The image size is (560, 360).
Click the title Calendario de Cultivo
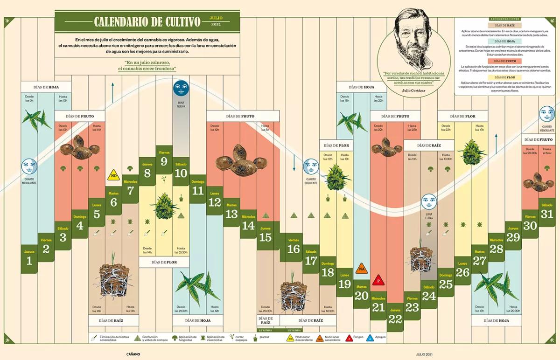147,22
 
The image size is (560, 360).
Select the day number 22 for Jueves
395,318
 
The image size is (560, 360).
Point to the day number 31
547,214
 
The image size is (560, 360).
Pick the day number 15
265,237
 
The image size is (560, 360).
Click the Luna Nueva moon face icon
180,87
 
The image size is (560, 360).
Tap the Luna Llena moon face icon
429,201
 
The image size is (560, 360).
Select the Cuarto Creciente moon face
311,166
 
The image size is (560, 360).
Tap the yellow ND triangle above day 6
113,176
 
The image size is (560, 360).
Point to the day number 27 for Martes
479,261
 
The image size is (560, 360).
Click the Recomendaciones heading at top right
504,19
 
